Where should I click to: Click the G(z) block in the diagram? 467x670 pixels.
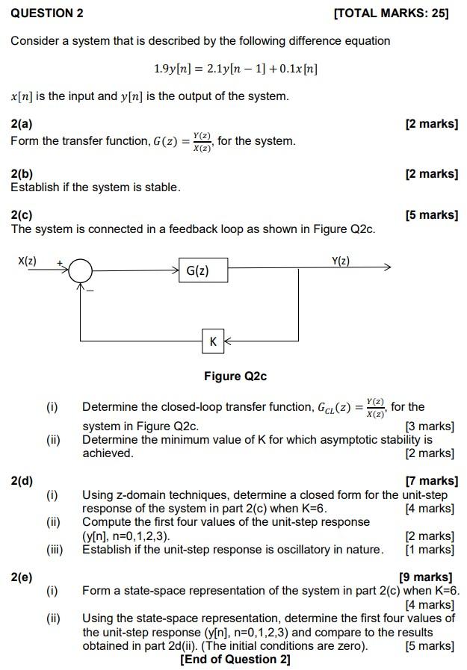tap(203, 270)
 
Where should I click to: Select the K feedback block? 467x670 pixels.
tap(213, 341)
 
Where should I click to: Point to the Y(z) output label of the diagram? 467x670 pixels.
tap(340, 261)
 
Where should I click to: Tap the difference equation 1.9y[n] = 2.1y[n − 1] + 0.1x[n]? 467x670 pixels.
tap(235, 69)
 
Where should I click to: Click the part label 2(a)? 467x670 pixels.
tap(22, 124)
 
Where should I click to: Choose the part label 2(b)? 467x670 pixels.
tap(22, 174)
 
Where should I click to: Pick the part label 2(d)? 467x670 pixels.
tap(22, 481)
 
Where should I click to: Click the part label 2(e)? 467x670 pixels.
tap(22, 577)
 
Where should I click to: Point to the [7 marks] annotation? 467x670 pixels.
tap(431, 481)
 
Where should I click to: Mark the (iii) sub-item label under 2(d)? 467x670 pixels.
tap(55, 550)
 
